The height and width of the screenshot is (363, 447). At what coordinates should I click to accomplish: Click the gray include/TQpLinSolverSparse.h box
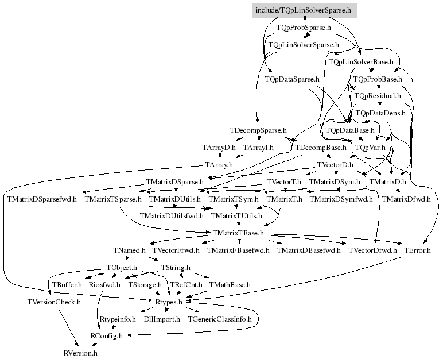tap(305, 10)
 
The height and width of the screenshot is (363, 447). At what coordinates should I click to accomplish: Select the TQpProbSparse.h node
tap(304, 28)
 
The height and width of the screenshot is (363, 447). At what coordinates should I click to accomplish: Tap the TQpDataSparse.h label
tap(292, 79)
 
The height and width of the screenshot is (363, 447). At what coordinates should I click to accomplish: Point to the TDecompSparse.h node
tap(258, 130)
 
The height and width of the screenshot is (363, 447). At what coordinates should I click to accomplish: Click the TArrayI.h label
tap(258, 148)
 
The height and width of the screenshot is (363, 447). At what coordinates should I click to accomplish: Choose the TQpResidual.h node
tap(378, 96)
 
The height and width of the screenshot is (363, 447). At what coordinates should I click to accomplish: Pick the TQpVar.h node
tap(370, 148)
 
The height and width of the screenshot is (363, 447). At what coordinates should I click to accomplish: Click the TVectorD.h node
tap(335, 165)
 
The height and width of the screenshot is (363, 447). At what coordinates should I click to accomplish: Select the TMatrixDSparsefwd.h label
tap(42, 199)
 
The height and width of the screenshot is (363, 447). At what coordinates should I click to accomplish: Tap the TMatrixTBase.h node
tap(238, 233)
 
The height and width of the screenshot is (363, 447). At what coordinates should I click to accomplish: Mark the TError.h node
tap(418, 250)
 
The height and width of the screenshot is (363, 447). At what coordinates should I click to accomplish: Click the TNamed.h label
tap(130, 250)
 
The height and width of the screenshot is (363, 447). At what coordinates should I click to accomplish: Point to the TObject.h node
tap(122, 268)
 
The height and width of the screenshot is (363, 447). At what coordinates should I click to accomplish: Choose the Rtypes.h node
tap(169, 302)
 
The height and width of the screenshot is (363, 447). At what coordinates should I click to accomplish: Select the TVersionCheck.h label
tap(54, 302)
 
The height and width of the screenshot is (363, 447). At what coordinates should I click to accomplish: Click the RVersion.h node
tap(80, 353)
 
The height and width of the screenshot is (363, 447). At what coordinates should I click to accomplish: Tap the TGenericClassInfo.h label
tap(220, 319)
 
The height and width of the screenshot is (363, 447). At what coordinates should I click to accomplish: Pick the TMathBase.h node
tap(230, 284)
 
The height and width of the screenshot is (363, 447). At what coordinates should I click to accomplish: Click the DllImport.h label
tap(162, 319)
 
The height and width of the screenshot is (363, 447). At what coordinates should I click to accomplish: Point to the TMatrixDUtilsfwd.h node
tap(172, 215)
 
